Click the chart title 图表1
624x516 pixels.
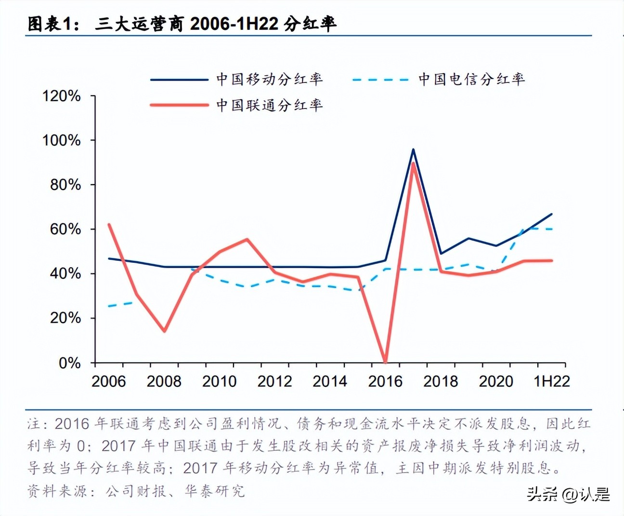point(182,24)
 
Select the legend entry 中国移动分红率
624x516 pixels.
point(269,79)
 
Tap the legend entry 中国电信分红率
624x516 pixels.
point(471,79)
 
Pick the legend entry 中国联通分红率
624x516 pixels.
point(269,105)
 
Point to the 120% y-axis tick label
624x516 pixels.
point(62,96)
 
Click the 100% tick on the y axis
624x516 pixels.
point(62,140)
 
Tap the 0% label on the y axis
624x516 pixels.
point(70,363)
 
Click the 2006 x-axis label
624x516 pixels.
point(109,381)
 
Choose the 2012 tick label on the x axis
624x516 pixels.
point(274,381)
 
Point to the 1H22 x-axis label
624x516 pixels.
point(552,381)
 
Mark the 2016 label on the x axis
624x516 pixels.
point(385,381)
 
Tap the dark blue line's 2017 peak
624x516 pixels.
point(413,149)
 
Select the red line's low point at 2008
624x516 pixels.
point(165,331)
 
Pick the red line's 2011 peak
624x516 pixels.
point(247,239)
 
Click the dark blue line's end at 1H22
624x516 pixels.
point(552,214)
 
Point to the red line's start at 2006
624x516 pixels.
point(109,225)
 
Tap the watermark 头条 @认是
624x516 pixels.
point(568,494)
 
